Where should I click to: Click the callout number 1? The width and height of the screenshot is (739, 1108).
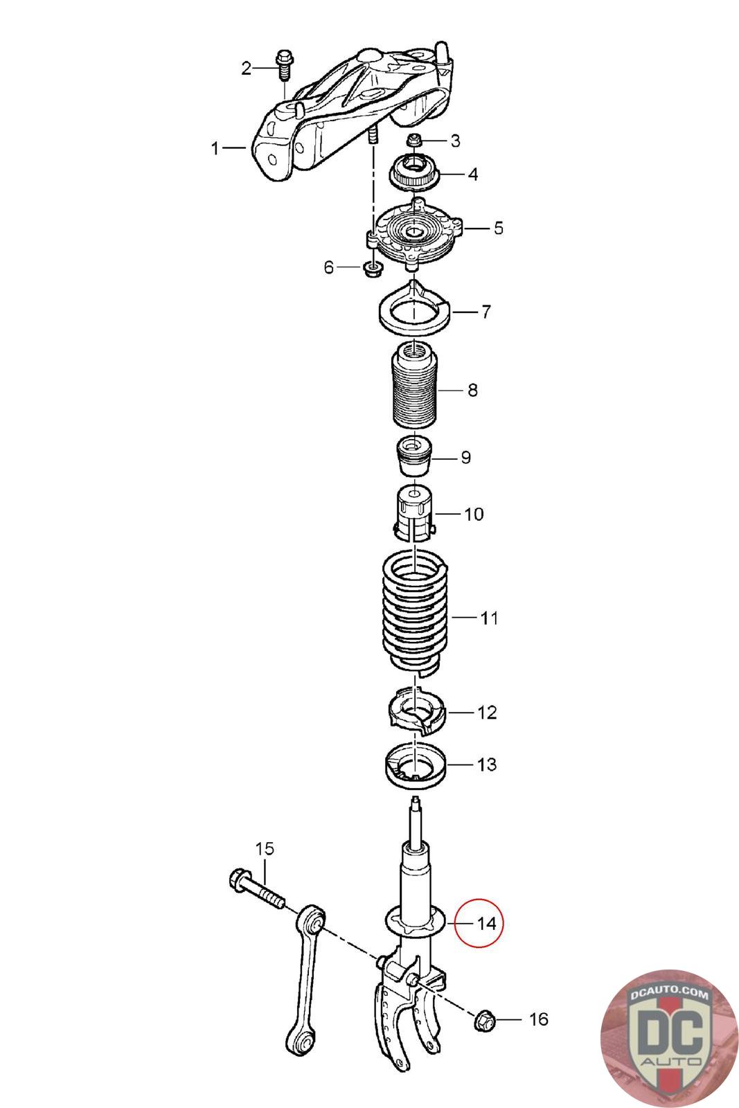click(215, 148)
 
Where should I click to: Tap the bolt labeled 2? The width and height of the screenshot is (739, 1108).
click(284, 65)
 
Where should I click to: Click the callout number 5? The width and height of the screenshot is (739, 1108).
click(498, 228)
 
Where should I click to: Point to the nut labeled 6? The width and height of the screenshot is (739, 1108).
click(372, 269)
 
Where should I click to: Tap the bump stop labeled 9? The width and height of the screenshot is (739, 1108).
click(414, 456)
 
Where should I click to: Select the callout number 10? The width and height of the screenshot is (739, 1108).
click(473, 515)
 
